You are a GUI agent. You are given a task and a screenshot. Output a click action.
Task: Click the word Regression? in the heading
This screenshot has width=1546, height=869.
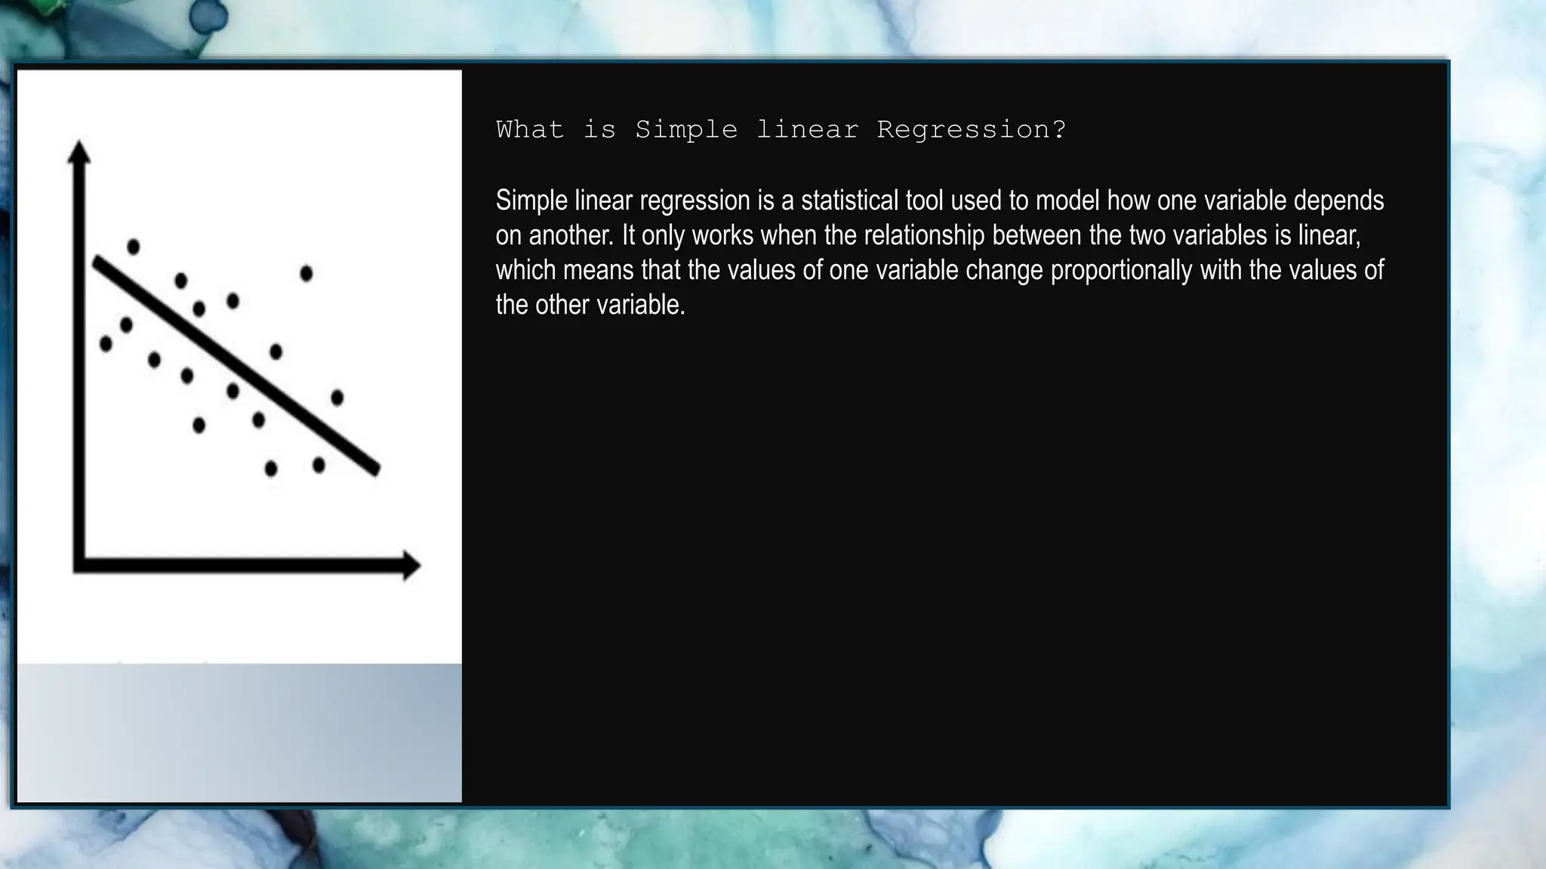pos(972,130)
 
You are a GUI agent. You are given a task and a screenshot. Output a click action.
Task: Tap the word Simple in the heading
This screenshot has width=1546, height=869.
pos(685,130)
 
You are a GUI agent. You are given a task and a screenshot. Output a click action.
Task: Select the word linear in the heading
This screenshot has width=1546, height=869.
pos(807,130)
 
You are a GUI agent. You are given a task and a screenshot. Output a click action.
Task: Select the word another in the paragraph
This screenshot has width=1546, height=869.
pos(571,235)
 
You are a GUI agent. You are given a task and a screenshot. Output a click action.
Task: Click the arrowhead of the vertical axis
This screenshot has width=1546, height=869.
pos(79,151)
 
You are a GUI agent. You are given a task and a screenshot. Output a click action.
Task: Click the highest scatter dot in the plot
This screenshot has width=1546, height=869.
pos(134,247)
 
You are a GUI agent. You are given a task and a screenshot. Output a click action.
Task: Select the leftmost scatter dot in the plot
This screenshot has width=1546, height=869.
pos(106,344)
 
